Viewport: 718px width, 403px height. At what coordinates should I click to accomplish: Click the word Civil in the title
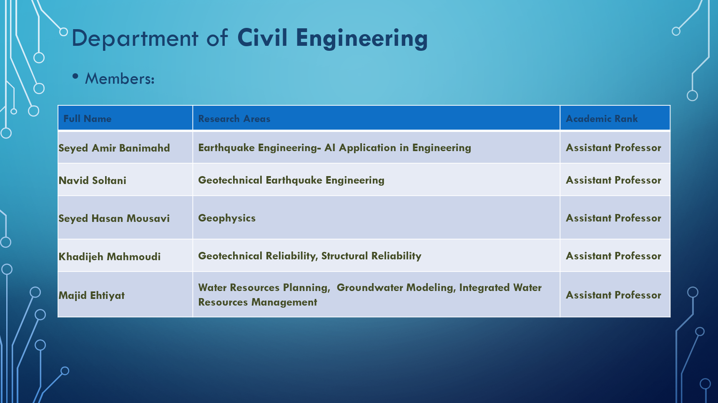tap(262, 38)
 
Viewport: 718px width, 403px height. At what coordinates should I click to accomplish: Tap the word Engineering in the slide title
tap(362, 39)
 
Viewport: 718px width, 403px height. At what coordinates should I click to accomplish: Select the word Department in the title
tap(135, 39)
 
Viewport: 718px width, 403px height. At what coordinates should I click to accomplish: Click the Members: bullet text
tap(120, 79)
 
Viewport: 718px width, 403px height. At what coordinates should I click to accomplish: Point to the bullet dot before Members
tap(75, 76)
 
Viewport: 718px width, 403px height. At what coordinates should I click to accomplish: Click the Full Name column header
tap(88, 119)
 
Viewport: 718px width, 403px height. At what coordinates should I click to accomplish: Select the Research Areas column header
tap(234, 119)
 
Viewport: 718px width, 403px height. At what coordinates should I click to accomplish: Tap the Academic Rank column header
tap(602, 119)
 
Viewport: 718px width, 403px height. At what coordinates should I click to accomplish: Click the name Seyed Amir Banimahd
tap(114, 148)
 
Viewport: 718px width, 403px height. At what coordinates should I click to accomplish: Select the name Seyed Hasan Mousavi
tap(114, 219)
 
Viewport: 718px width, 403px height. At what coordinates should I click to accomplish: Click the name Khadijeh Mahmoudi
tap(110, 256)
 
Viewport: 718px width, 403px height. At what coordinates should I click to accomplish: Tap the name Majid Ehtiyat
tap(92, 296)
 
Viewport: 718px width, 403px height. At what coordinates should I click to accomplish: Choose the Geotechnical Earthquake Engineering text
tap(291, 180)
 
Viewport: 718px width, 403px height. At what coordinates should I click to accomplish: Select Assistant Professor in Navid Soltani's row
tap(613, 180)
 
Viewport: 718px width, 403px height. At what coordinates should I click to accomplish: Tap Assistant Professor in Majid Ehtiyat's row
tap(613, 295)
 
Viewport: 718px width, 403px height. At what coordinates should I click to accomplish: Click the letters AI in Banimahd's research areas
tap(330, 148)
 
